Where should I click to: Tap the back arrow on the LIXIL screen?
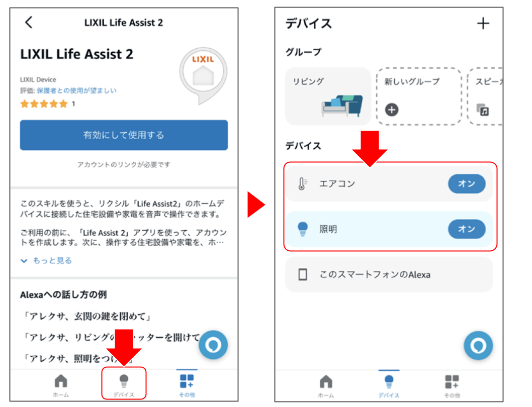[x=29, y=22]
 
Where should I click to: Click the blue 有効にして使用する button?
[x=124, y=135]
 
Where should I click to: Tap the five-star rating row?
[x=44, y=104]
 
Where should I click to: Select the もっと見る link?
[x=46, y=260]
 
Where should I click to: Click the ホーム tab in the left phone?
[x=61, y=385]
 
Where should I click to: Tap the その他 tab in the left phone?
[x=187, y=385]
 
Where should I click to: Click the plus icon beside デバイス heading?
[x=483, y=23]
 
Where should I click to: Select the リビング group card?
[x=328, y=96]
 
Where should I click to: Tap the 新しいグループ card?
[x=418, y=96]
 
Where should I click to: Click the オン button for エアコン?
[x=466, y=184]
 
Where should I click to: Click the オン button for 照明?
[x=466, y=229]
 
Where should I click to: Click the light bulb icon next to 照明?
[x=302, y=229]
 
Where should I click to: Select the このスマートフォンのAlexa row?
[x=389, y=274]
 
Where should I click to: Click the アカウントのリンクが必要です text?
[x=124, y=164]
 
